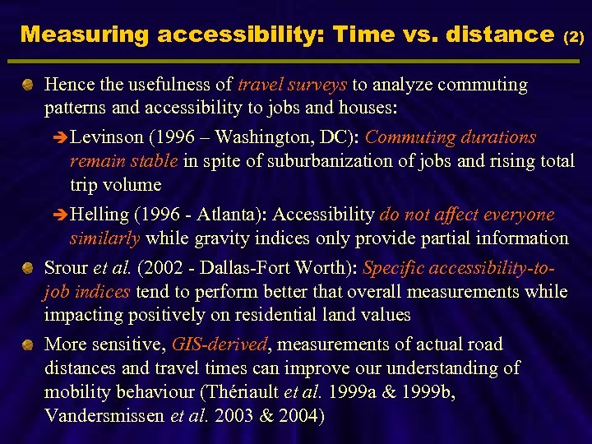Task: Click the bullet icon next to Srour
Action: (x=28, y=267)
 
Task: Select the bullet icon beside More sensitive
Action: (x=28, y=345)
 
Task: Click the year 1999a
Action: (x=394, y=391)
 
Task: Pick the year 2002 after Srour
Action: (x=162, y=268)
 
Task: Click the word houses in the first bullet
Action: (x=368, y=107)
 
